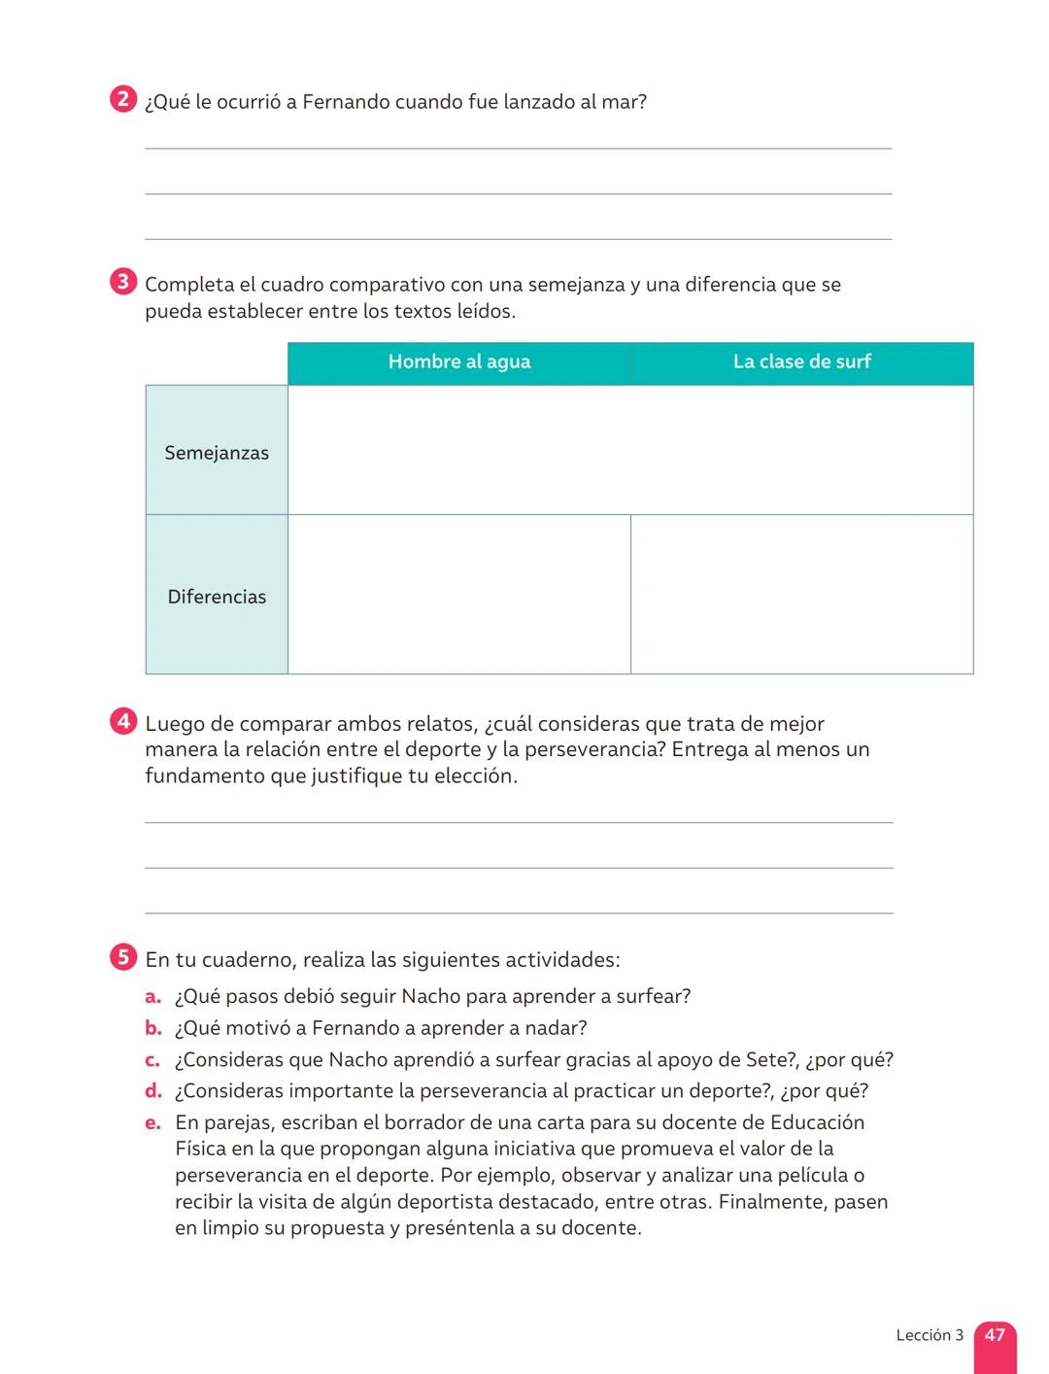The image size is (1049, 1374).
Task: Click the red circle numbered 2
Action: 122,100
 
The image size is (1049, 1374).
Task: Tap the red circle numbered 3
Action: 122,283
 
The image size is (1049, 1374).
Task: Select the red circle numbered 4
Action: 122,722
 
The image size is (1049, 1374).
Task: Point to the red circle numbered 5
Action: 122,958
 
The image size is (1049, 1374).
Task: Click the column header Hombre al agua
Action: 459,362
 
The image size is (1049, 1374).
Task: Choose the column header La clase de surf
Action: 801,362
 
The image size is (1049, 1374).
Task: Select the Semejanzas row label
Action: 217,453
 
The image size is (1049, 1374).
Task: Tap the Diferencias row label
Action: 217,597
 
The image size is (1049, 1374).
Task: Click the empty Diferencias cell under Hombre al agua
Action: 459,595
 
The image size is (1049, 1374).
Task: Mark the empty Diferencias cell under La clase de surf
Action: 801,595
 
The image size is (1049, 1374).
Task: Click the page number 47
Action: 995,1335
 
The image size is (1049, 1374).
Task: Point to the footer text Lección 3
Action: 930,1335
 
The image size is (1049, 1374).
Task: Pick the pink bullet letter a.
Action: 152,997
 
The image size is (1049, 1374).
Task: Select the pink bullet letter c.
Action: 152,1060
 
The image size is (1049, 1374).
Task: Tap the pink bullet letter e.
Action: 152,1123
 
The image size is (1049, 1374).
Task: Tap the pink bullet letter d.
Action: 152,1091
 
